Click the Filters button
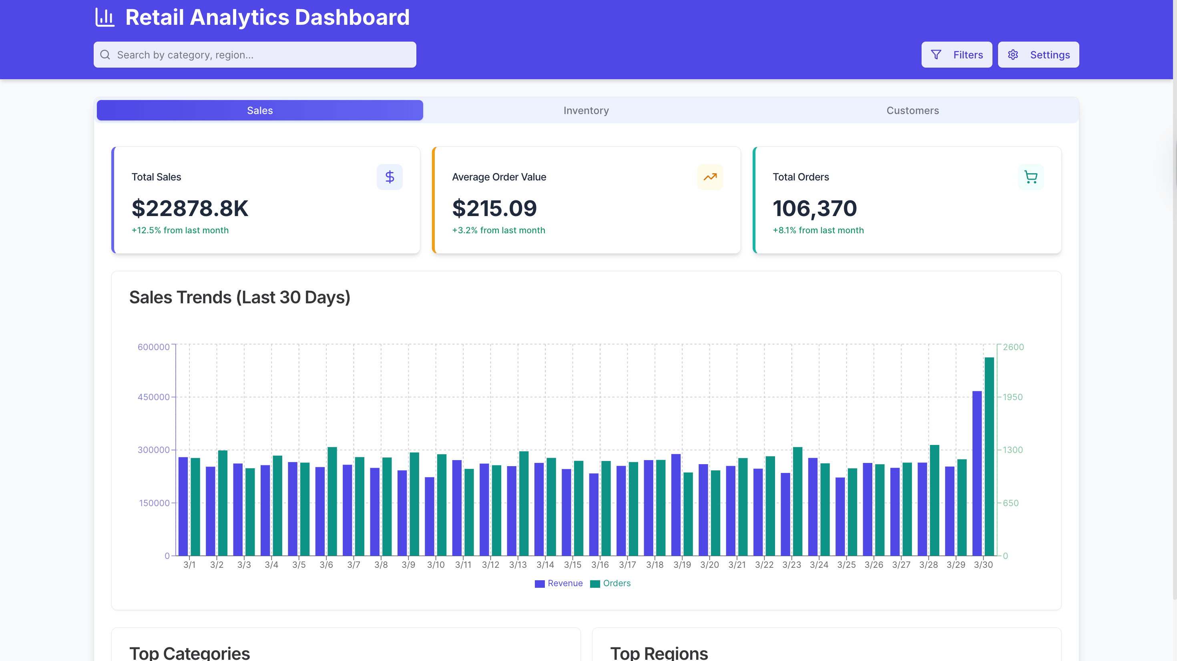(x=956, y=55)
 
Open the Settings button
(x=1038, y=55)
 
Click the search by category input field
(x=255, y=55)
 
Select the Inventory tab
(x=586, y=110)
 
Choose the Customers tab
(x=912, y=110)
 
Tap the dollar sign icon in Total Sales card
(x=389, y=177)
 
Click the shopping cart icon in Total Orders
(x=1030, y=177)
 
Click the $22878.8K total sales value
(x=190, y=208)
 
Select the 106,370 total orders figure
(x=815, y=208)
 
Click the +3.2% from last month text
(x=498, y=230)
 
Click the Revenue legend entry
(x=559, y=583)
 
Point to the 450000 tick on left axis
(x=153, y=397)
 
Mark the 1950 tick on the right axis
(x=1012, y=397)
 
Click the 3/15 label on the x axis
(x=572, y=565)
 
